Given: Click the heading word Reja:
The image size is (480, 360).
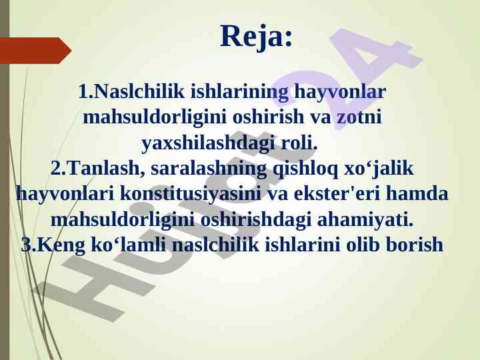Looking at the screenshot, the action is [x=256, y=37].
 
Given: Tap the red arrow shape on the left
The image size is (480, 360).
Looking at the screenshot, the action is [x=35, y=51].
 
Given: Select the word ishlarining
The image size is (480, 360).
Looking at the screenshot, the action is [x=239, y=91].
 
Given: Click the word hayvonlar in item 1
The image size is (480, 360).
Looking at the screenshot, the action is [x=340, y=92].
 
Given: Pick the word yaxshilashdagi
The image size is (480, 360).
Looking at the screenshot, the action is [x=208, y=143].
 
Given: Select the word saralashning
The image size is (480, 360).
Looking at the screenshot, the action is [x=209, y=169].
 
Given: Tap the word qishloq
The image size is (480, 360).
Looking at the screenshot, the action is [x=305, y=169].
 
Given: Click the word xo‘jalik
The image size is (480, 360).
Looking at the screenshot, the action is [x=379, y=169].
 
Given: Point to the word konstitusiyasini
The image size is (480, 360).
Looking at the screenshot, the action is [x=191, y=193].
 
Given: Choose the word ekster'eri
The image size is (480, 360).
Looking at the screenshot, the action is [x=337, y=193].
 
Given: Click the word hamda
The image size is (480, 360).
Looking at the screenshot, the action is [x=417, y=193].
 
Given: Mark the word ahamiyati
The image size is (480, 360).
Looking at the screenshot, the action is [x=365, y=219].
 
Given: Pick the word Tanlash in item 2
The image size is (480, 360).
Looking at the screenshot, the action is [x=103, y=169].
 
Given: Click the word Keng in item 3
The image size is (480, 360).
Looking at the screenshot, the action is [x=61, y=245].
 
